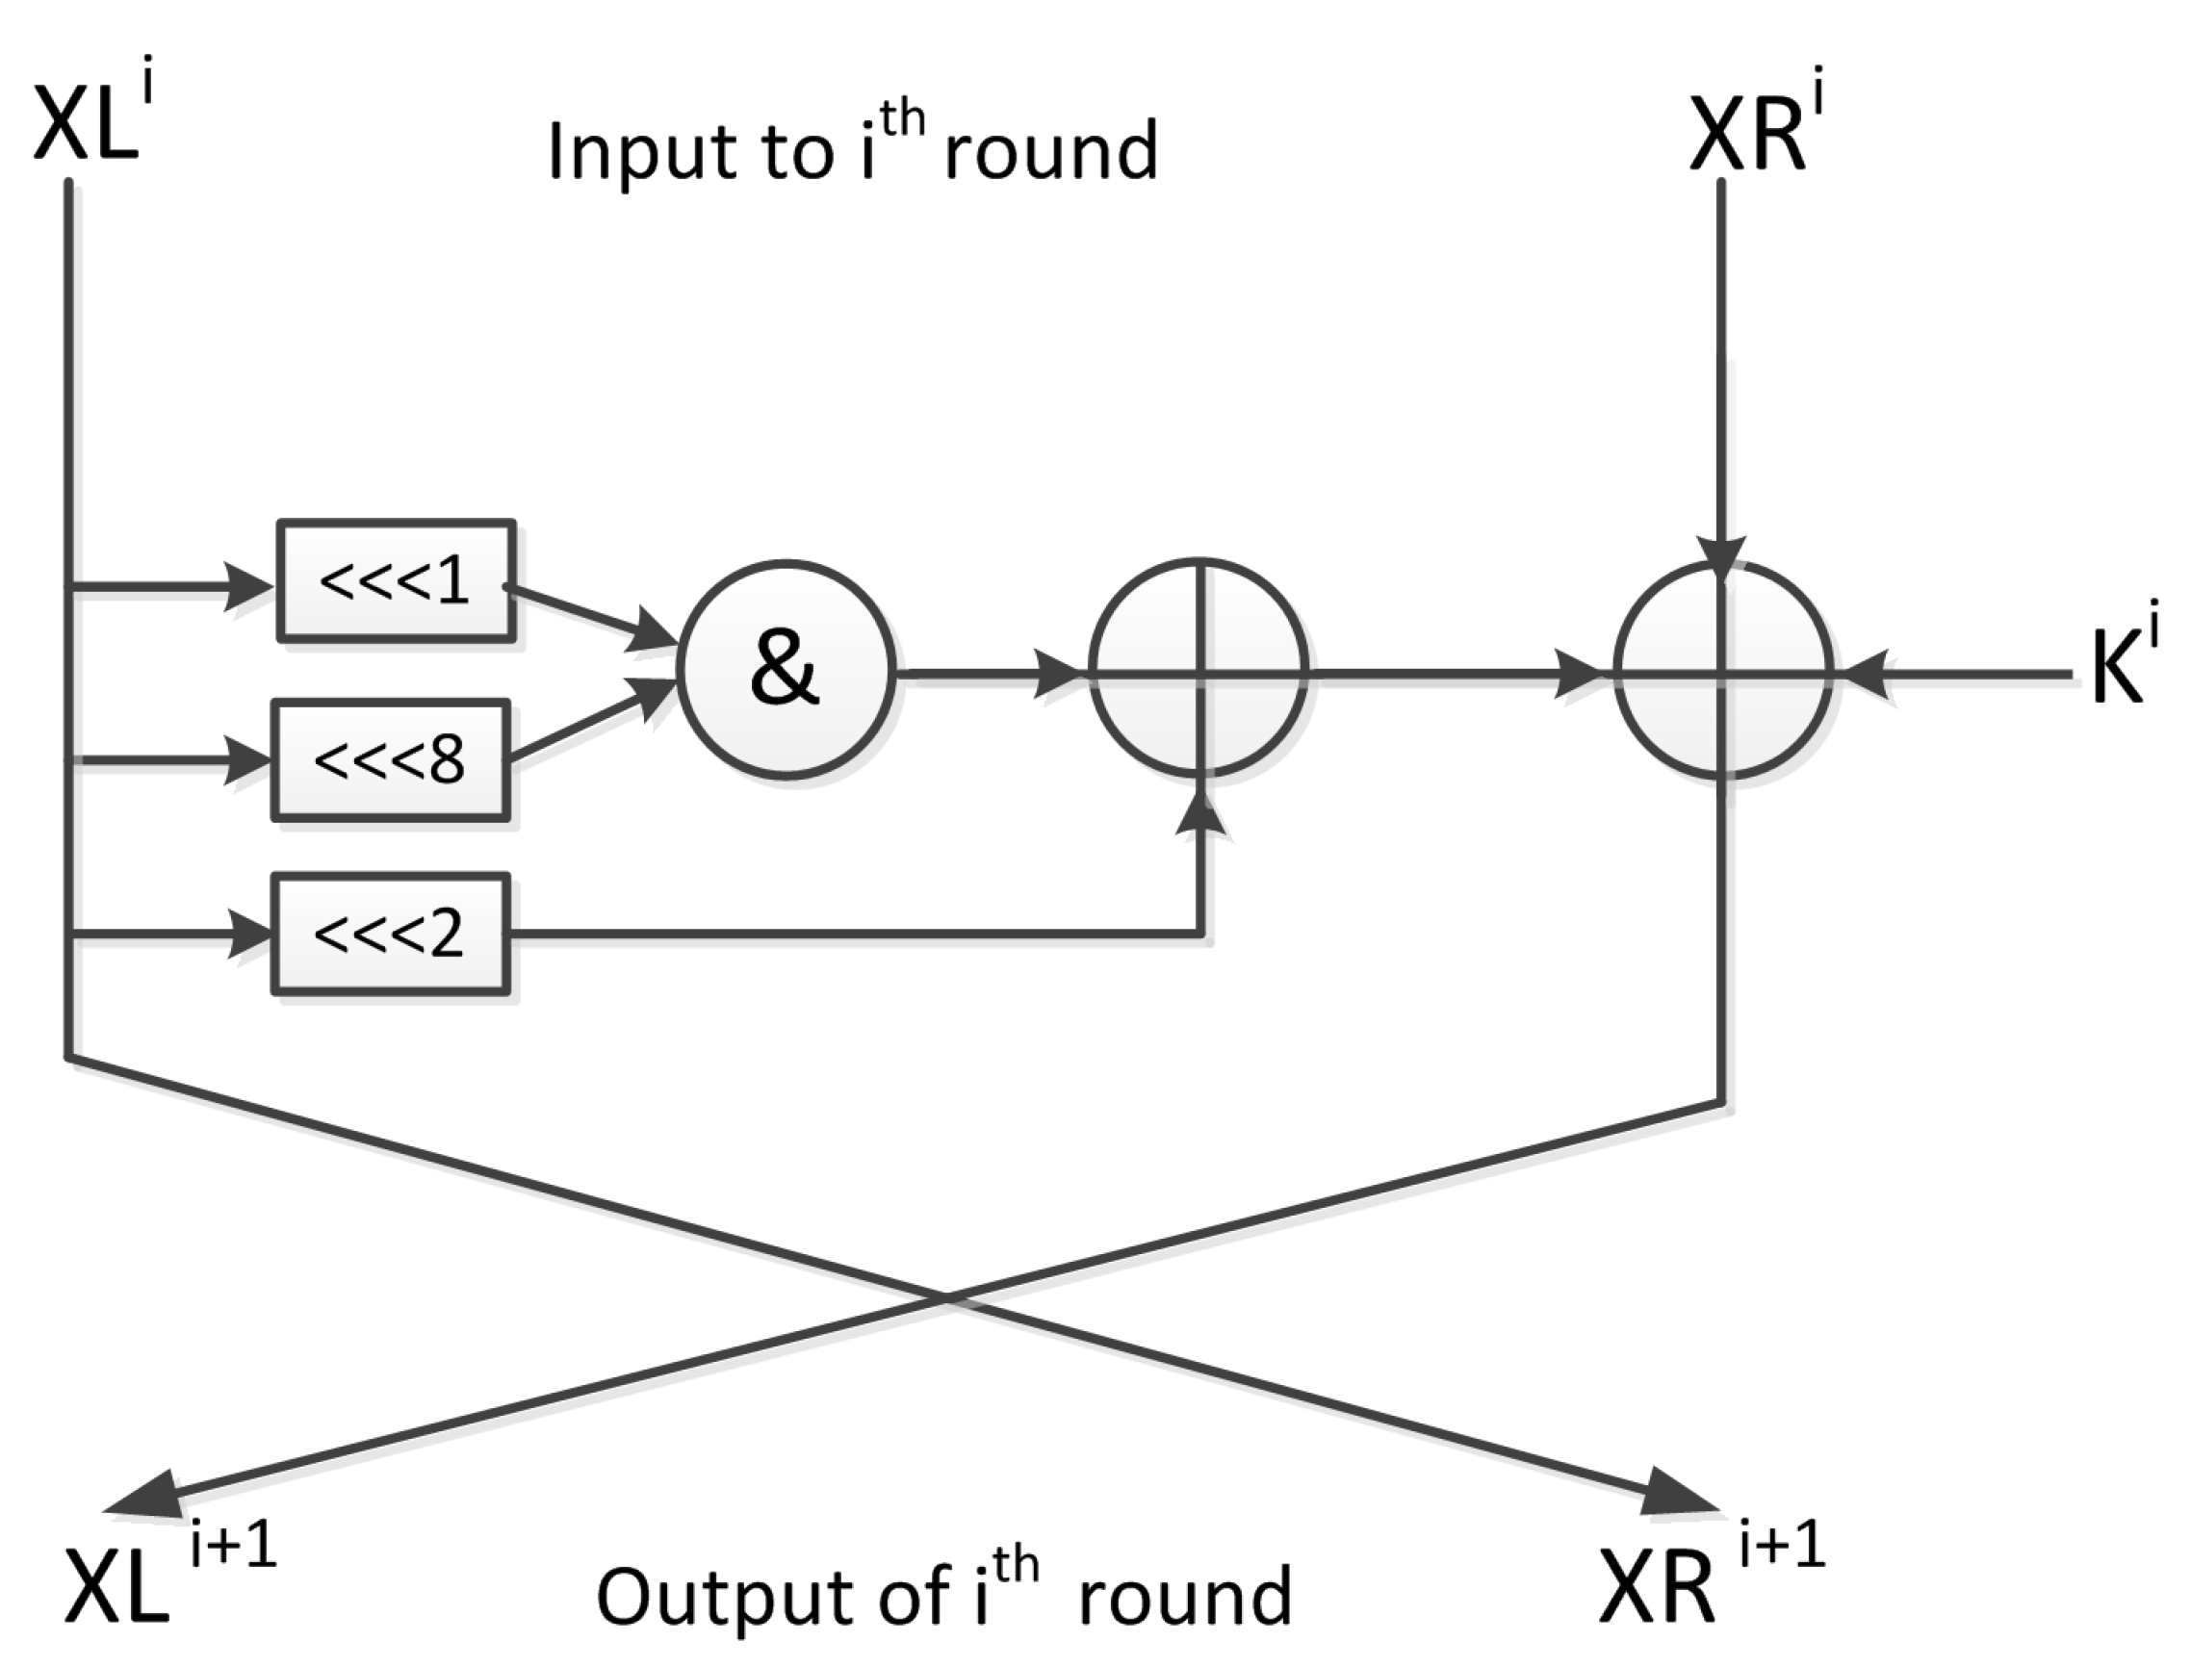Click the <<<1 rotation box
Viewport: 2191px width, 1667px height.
pyautogui.click(x=395, y=580)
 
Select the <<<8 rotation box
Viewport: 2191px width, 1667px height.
pyautogui.click(x=391, y=761)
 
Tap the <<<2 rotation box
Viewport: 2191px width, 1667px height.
pyautogui.click(x=391, y=934)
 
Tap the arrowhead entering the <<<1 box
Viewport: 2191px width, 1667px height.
pyautogui.click(x=248, y=587)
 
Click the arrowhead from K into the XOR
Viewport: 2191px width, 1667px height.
pyautogui.click(x=1866, y=676)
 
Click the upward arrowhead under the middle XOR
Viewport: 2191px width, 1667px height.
pyautogui.click(x=1203, y=815)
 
